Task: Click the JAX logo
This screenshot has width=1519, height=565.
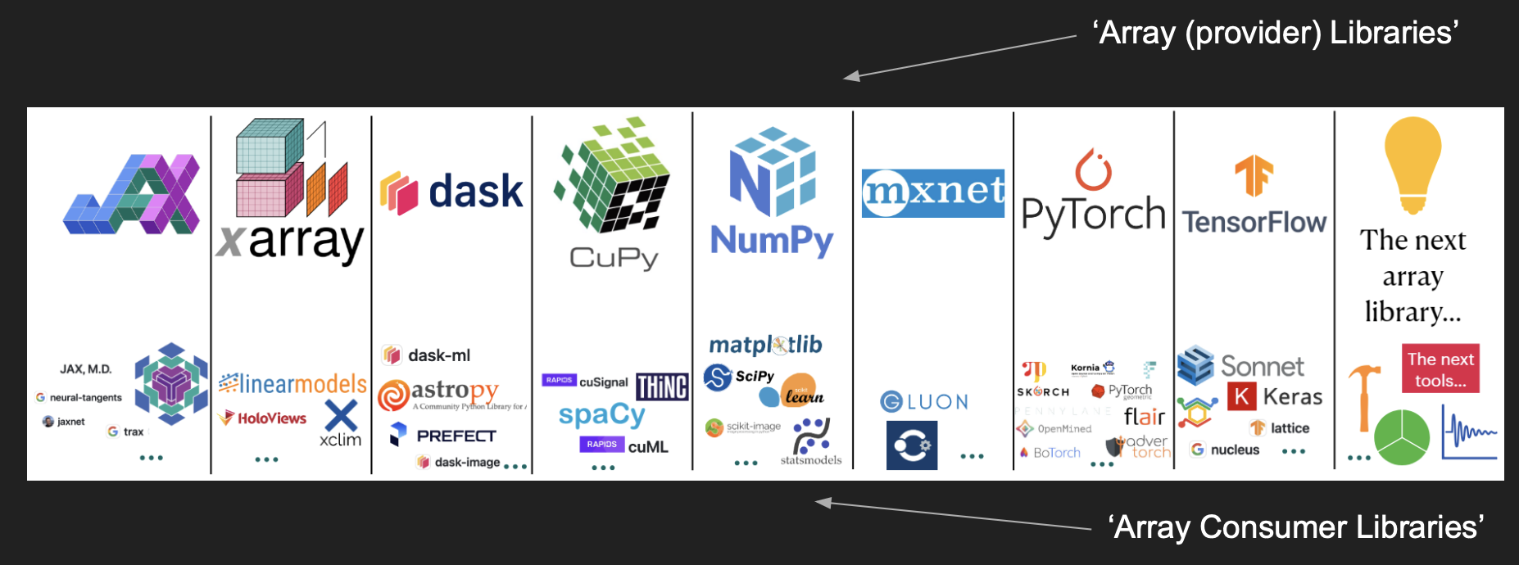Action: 132,194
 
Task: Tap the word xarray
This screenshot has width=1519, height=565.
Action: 291,242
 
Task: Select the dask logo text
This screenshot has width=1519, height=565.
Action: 475,192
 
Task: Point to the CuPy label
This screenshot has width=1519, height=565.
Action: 614,258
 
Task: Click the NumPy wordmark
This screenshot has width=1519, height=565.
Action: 771,241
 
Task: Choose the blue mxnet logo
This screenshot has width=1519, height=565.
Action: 932,193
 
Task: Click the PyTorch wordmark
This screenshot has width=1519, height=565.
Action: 1093,215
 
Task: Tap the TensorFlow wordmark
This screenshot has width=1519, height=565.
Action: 1254,222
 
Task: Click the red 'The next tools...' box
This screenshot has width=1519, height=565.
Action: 1440,368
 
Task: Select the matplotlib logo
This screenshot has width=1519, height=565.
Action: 765,346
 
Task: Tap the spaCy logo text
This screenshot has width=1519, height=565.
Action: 601,415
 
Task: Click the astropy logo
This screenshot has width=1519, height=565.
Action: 439,393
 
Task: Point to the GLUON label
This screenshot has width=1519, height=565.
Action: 924,402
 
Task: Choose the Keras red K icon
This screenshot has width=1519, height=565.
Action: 1241,396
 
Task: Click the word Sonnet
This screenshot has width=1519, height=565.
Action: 1262,366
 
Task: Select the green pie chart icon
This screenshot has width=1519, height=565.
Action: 1401,436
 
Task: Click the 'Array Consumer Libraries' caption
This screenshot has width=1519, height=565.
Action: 1295,527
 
